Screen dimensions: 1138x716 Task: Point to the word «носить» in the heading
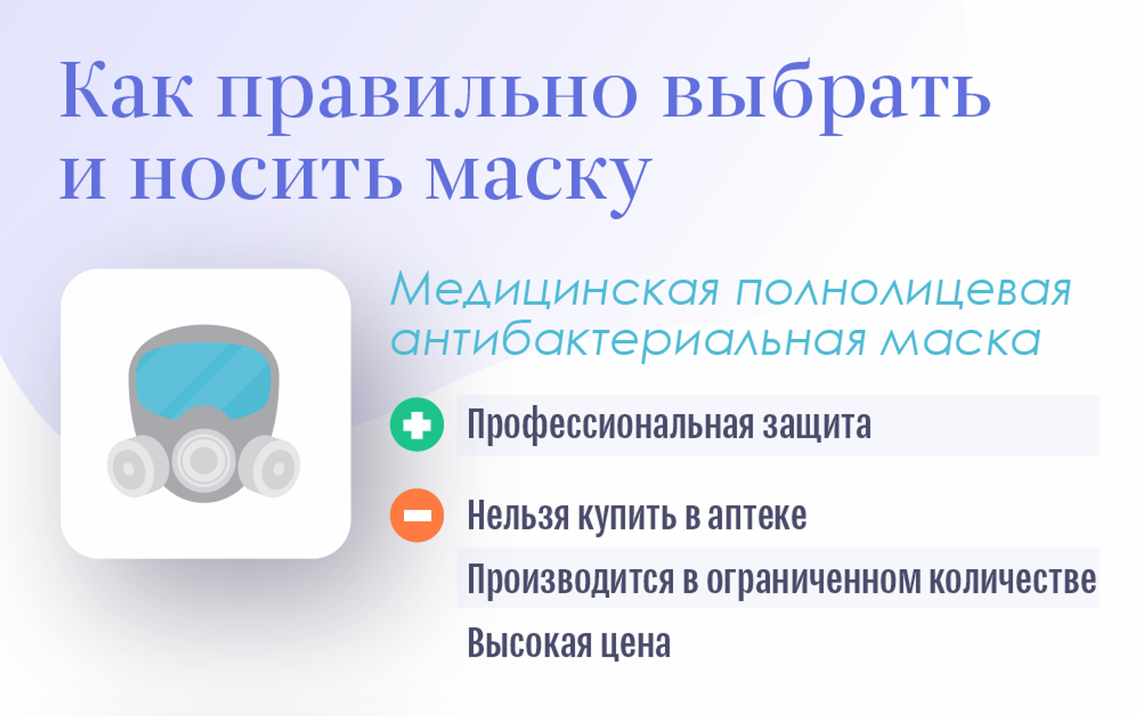(x=266, y=175)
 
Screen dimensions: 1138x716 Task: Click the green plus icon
(x=417, y=424)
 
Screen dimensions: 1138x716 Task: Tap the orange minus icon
(x=417, y=515)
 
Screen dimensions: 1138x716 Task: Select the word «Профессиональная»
(x=610, y=426)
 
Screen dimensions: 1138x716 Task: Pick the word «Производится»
(x=571, y=580)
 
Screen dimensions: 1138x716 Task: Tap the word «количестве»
(x=1012, y=579)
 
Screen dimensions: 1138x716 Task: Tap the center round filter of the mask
(x=204, y=460)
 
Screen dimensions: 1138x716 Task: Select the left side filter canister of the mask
(x=134, y=466)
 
